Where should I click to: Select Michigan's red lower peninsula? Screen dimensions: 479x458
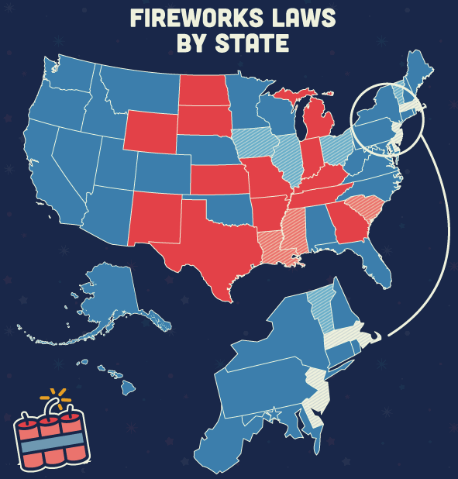[x=317, y=124]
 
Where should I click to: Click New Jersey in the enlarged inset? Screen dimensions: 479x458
[x=319, y=388]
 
